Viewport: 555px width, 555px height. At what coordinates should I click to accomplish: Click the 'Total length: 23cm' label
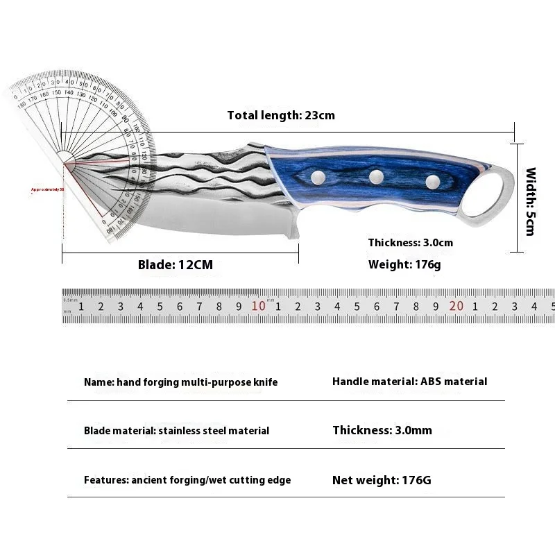[281, 115]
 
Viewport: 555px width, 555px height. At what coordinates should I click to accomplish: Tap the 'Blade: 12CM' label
[176, 264]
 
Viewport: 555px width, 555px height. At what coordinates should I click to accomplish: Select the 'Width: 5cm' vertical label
[531, 201]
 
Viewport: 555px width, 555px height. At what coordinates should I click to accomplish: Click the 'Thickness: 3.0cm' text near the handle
[411, 243]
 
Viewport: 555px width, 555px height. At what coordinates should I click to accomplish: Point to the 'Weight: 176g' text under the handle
[404, 264]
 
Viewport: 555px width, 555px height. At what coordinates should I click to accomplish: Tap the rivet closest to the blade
[319, 179]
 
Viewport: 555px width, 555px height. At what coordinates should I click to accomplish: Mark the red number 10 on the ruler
[258, 306]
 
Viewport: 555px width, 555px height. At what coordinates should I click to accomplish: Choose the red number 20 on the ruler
[456, 306]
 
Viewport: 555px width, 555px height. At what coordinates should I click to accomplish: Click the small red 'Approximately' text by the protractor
[47, 189]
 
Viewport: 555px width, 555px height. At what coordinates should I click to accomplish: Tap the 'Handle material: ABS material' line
[409, 382]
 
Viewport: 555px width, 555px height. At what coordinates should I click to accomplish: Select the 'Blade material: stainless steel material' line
[176, 431]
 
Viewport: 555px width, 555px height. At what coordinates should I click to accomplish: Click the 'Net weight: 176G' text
[382, 479]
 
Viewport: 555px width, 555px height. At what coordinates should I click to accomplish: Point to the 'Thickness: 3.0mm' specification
[382, 430]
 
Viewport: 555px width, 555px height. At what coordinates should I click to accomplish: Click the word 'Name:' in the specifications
[99, 382]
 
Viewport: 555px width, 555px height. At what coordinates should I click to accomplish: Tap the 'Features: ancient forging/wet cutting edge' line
[187, 480]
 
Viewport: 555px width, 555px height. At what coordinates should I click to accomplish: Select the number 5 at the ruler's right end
[552, 306]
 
